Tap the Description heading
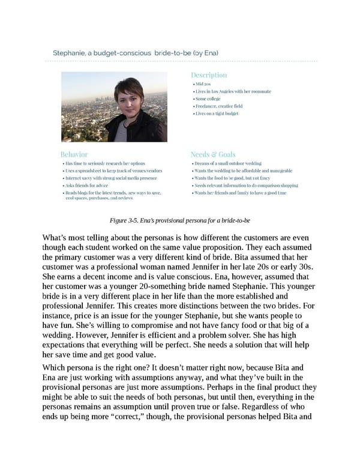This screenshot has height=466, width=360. tap(209, 75)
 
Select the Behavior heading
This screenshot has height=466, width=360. tap(74, 154)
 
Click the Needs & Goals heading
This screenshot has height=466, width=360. tap(212, 154)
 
